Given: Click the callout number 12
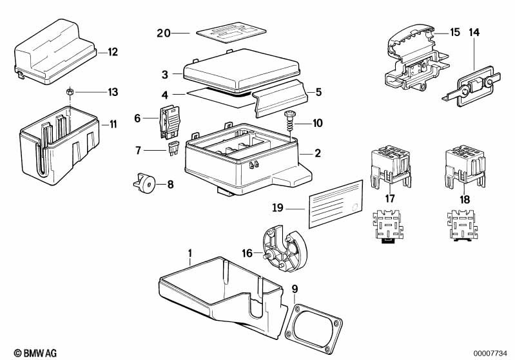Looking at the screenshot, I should pyautogui.click(x=113, y=52).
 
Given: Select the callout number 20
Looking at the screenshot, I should pyautogui.click(x=164, y=33).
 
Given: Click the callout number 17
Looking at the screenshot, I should pyautogui.click(x=390, y=199).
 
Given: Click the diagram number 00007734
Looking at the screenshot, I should pyautogui.click(x=493, y=352).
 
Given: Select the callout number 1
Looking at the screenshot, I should pyautogui.click(x=190, y=252).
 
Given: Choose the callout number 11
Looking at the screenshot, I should pyautogui.click(x=113, y=124).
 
